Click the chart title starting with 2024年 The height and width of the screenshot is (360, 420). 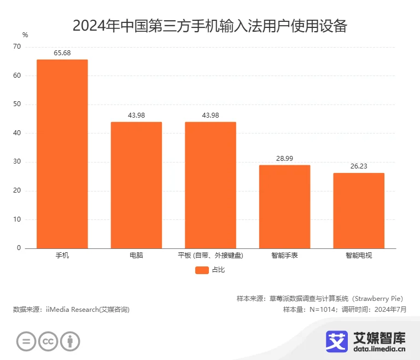coord(209,26)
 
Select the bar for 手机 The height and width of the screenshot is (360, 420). coord(62,154)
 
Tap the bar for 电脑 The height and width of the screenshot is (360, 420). coord(136,185)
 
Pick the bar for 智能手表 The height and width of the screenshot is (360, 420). coord(284,206)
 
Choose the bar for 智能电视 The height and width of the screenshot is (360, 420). coord(359,210)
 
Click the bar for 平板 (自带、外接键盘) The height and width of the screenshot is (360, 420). coord(211,185)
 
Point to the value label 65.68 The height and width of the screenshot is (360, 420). coord(62,53)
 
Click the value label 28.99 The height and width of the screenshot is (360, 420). coord(284,159)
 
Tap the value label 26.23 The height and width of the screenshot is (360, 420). coord(359,166)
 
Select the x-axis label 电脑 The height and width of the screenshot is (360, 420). coord(136,256)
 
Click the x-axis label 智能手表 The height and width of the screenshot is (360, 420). coord(284,256)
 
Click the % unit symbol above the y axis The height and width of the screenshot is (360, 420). coord(25,34)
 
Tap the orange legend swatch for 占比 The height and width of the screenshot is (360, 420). coord(202,270)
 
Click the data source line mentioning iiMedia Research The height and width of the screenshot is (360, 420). coord(72,310)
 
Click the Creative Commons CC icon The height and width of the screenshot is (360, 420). coord(48,341)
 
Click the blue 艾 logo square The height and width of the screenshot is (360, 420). coord(337,341)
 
